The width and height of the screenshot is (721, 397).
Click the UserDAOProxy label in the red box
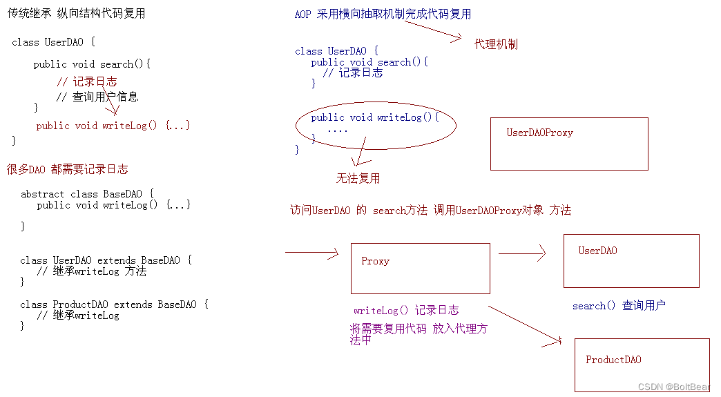click(x=539, y=133)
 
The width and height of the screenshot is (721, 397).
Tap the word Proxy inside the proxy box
click(x=375, y=261)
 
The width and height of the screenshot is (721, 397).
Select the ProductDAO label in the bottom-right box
click(x=613, y=360)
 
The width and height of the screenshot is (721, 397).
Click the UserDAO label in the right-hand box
click(x=597, y=251)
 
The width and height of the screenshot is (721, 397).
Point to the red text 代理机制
click(x=496, y=44)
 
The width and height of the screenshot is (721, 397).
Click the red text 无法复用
click(x=358, y=178)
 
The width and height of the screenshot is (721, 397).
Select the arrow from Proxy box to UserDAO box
click(x=522, y=254)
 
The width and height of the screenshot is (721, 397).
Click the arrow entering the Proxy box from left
click(x=311, y=253)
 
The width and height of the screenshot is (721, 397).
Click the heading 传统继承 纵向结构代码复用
click(x=76, y=13)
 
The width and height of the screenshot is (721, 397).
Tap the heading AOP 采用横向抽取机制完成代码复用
click(x=383, y=14)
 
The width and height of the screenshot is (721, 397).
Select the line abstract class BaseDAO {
click(x=87, y=194)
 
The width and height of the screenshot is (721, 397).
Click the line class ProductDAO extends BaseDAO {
click(x=114, y=304)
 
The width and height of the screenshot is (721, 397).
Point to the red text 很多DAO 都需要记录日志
click(x=67, y=169)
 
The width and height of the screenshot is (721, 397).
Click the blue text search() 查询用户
click(x=619, y=305)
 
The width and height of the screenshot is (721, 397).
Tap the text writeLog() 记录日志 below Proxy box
click(x=406, y=311)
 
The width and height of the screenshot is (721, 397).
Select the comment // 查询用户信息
click(x=97, y=97)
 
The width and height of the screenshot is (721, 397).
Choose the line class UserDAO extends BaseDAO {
click(x=106, y=260)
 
